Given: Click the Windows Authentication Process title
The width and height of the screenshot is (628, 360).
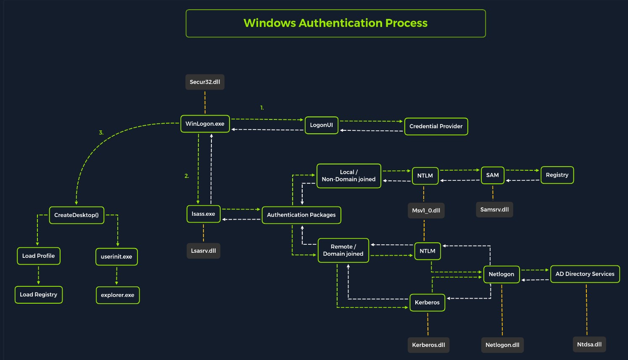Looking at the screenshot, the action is coord(335,23).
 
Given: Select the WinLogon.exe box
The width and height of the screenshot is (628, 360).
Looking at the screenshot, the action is coord(205,124).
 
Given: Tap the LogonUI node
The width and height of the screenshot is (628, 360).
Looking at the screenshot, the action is coord(321,125).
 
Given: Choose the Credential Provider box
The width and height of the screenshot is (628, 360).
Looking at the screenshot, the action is coord(436,126).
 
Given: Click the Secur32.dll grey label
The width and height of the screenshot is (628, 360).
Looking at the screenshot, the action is coord(205,82).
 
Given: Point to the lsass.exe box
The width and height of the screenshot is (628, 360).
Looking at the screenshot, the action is coord(203,214).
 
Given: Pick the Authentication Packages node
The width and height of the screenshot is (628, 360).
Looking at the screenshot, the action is coord(301,215).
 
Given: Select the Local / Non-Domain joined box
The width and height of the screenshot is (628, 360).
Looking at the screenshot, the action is coord(349,176).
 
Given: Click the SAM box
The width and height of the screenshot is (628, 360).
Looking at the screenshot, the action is coord(493,175).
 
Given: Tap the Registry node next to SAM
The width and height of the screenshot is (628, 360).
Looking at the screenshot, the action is coord(557,175).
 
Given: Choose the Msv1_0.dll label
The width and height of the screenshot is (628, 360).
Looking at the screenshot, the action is coord(426,210).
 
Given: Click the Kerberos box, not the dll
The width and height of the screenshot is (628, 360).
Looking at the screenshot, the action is coord(427,302).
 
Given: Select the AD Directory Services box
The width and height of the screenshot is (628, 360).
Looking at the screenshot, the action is coord(585,274).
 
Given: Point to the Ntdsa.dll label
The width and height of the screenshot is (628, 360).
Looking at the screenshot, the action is coord(589,344).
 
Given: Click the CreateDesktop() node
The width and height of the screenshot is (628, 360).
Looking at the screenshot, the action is coord(77,215).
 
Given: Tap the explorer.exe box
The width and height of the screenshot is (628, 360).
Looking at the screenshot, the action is coord(118,295).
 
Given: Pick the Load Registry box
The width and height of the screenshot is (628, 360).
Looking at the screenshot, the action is coord(39,295).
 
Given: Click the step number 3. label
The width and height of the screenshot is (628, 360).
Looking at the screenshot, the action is coord(101,132).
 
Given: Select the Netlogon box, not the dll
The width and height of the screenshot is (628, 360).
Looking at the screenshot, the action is coord(501,275).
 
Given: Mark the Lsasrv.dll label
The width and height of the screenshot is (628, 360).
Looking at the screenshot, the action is coord(203,251).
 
